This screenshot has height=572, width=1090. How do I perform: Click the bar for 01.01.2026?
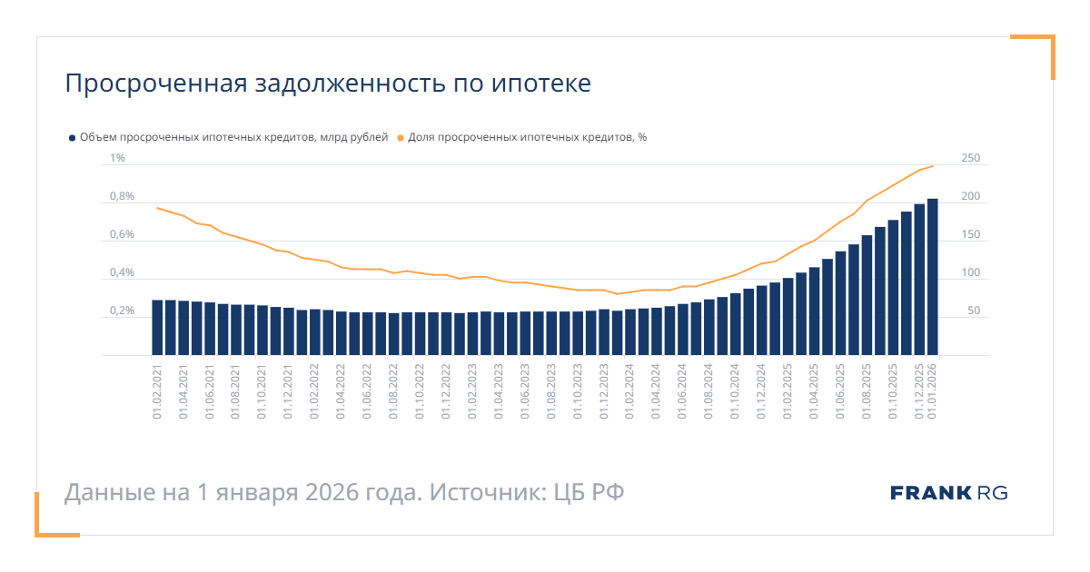(932, 277)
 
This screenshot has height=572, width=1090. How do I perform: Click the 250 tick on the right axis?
(970, 159)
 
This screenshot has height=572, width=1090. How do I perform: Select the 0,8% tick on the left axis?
(122, 197)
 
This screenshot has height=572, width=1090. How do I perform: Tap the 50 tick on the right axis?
(974, 311)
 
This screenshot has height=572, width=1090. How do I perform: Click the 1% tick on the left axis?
(117, 159)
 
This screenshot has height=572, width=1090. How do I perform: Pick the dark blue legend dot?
(72, 138)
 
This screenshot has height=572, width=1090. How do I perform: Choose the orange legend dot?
(400, 138)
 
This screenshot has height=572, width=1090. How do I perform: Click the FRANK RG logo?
(948, 493)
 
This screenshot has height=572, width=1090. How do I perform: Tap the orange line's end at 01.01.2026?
(933, 165)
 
